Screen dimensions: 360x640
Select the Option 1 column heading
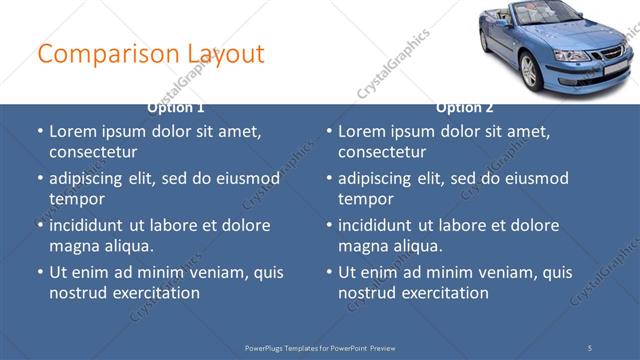pos(176,107)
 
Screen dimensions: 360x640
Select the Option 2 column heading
pos(465,107)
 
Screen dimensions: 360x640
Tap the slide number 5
pos(590,347)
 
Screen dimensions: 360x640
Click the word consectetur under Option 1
pos(93,152)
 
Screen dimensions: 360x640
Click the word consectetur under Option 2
pos(382,152)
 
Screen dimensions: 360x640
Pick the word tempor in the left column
pos(75,198)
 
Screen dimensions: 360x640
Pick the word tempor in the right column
pos(364,198)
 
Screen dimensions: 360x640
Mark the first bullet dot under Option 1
pos(39,132)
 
